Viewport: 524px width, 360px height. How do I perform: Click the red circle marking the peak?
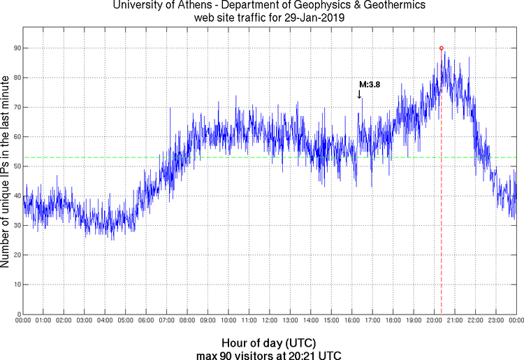point(441,48)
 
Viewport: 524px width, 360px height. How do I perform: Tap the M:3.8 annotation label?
point(369,84)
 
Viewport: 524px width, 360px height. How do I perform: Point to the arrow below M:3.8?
point(359,94)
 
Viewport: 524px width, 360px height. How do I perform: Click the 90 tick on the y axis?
point(15,48)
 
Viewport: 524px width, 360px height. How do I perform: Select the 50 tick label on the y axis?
point(15,166)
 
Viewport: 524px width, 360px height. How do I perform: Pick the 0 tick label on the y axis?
point(17,314)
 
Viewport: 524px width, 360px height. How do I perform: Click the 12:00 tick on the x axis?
point(269,321)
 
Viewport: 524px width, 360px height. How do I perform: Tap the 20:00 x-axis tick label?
point(433,321)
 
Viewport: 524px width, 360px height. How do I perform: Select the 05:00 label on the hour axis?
point(126,321)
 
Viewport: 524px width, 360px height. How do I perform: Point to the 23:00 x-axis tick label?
point(495,321)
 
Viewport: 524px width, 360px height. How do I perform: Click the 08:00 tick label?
point(187,321)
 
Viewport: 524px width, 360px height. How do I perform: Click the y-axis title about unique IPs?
point(6,171)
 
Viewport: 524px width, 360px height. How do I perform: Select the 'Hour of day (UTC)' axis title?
point(269,343)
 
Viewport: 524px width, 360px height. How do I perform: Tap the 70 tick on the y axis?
point(15,108)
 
